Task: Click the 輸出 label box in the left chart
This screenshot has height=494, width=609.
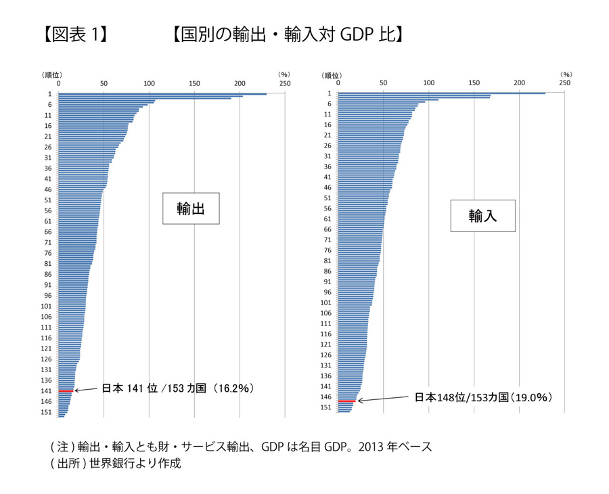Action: click(x=191, y=209)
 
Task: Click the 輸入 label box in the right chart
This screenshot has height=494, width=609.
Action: click(x=483, y=216)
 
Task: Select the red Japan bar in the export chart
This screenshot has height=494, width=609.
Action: click(x=66, y=390)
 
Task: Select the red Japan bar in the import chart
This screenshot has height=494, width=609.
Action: click(x=346, y=401)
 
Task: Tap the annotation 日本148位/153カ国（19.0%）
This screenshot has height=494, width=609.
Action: click(x=483, y=397)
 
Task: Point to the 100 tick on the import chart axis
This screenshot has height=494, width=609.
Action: click(x=428, y=83)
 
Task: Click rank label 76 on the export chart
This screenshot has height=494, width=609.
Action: click(x=47, y=253)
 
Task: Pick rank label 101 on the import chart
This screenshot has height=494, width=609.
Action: click(x=325, y=302)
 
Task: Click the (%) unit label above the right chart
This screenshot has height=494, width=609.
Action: click(x=566, y=74)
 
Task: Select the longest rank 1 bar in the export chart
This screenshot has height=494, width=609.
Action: click(x=162, y=93)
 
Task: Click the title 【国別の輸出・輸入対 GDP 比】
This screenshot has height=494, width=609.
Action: click(x=288, y=33)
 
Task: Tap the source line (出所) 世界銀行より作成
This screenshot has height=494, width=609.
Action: click(x=116, y=464)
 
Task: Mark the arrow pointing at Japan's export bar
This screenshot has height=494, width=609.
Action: click(x=86, y=390)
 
